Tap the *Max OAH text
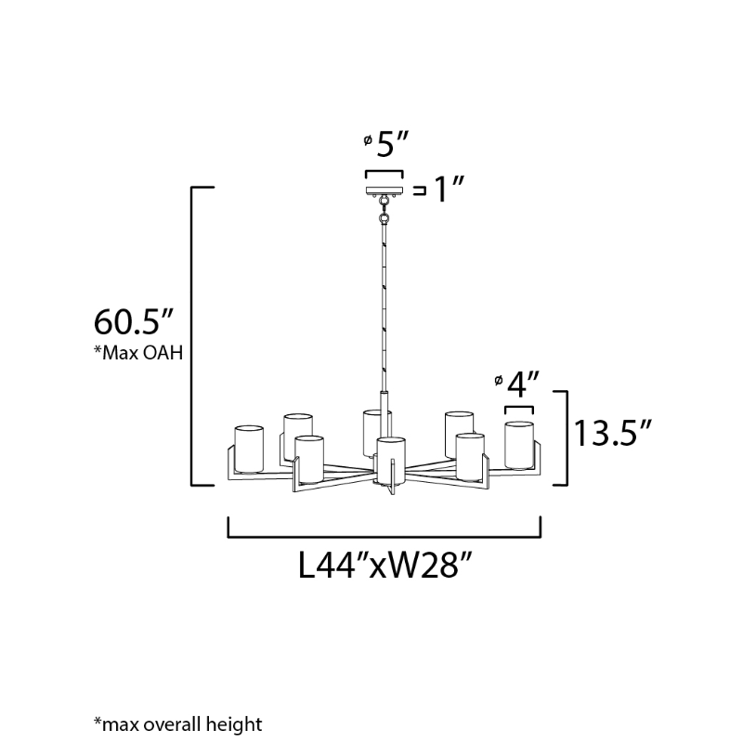[x=138, y=353]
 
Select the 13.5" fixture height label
[x=613, y=433]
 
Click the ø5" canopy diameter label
[x=385, y=144]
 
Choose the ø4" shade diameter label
[x=516, y=385]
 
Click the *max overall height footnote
[x=178, y=724]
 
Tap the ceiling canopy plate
[x=385, y=190]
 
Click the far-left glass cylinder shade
[x=249, y=450]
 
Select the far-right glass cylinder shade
[x=519, y=446]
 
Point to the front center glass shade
[x=391, y=462]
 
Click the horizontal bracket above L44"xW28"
[x=385, y=528]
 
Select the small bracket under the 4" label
[x=519, y=410]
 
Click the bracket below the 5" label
[x=385, y=175]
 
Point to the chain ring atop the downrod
[x=385, y=218]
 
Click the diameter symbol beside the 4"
[x=498, y=380]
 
